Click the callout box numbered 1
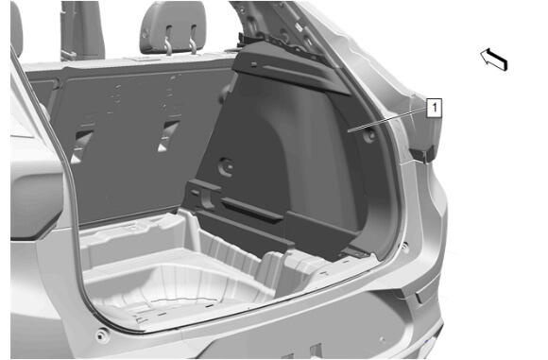click(x=434, y=108)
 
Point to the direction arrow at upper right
click(x=494, y=60)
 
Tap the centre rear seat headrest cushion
click(x=173, y=27)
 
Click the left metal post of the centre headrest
click(x=168, y=41)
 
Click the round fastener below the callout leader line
click(x=369, y=134)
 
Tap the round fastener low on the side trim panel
click(x=226, y=166)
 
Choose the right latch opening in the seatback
click(x=168, y=136)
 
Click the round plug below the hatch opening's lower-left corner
click(x=101, y=335)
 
